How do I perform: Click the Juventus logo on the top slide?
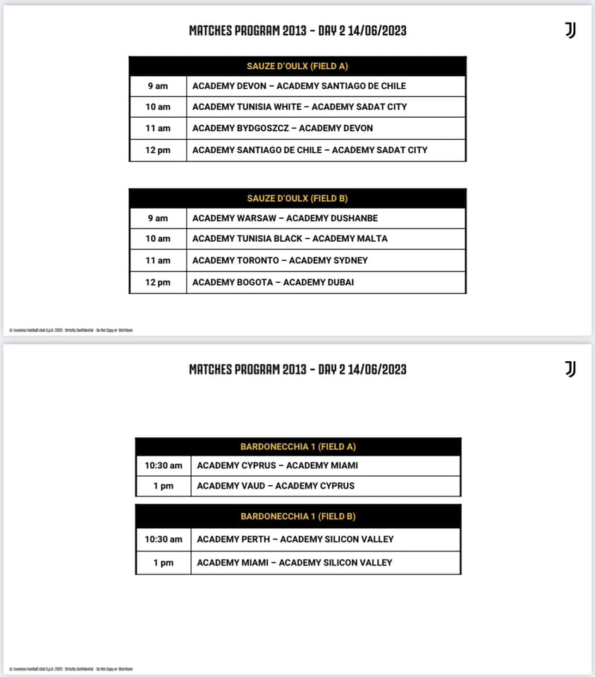coord(570,30)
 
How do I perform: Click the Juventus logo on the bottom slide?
coord(570,369)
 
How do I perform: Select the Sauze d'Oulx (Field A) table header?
coord(297,66)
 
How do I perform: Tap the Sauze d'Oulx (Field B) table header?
coord(297,198)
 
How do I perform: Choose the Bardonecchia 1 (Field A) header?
coord(297,446)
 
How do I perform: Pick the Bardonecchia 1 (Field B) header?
coord(297,516)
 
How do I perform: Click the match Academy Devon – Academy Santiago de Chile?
coord(299,86)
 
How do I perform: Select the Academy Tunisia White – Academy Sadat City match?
coord(300,107)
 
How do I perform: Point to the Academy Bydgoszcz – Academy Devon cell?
coord(283,128)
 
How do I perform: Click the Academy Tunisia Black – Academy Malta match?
coord(290,238)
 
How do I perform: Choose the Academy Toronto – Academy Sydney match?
coord(280,260)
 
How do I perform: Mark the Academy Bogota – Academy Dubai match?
coord(273,282)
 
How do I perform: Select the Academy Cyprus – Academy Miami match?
coord(277,465)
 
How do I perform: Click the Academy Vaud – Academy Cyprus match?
coord(276,486)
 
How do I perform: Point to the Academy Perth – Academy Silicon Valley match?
coord(295,539)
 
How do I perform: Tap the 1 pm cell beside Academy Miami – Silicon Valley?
coord(163,563)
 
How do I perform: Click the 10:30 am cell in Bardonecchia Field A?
coord(163,465)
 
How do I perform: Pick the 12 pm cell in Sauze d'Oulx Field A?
coord(158,150)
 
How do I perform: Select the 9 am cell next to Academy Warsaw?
coord(158,218)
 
